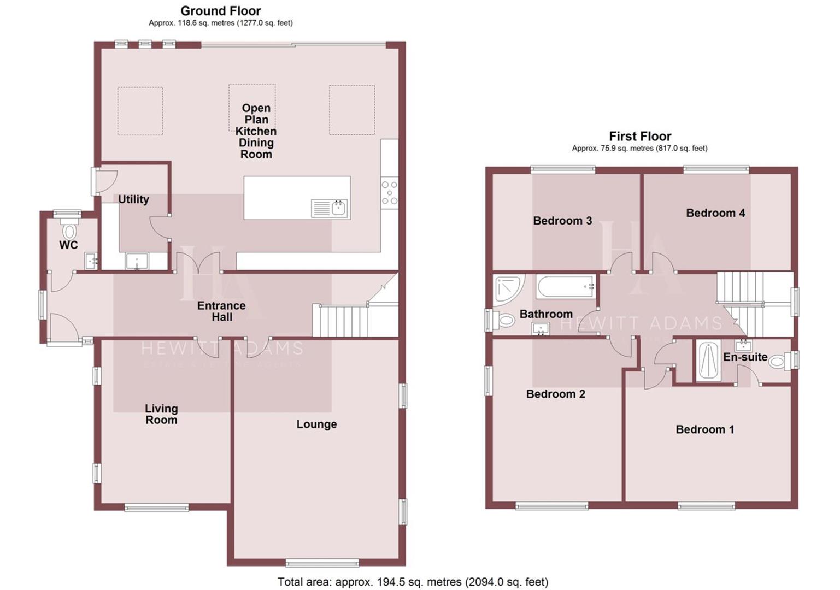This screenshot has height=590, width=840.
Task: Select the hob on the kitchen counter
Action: (x=390, y=193)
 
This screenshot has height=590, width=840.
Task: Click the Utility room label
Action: (x=133, y=199)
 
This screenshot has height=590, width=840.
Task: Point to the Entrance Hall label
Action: (x=221, y=311)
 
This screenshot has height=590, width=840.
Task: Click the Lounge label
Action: (x=316, y=424)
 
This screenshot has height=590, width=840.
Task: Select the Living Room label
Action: (x=161, y=414)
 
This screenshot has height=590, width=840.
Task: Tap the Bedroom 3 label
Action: (x=562, y=221)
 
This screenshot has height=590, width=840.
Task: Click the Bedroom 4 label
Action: (x=715, y=213)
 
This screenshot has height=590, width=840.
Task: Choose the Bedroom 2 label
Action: (x=555, y=394)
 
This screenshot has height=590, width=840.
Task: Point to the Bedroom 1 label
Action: (x=704, y=429)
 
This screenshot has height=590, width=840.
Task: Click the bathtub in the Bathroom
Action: (x=565, y=287)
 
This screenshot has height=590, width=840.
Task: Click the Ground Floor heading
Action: (x=220, y=11)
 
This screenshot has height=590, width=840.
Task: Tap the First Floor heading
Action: (x=640, y=137)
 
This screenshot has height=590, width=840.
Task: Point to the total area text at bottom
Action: (x=413, y=582)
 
